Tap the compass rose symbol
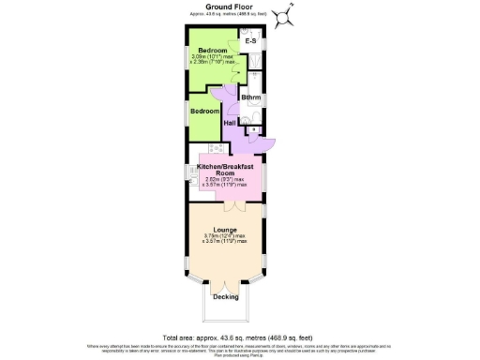point(291,13)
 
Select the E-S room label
point(250,42)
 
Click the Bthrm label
point(250,97)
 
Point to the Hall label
point(230,122)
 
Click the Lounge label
point(224,229)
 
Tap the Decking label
point(225,297)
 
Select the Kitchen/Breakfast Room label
point(224,170)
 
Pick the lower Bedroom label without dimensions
point(204,111)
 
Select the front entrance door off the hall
point(266,142)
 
